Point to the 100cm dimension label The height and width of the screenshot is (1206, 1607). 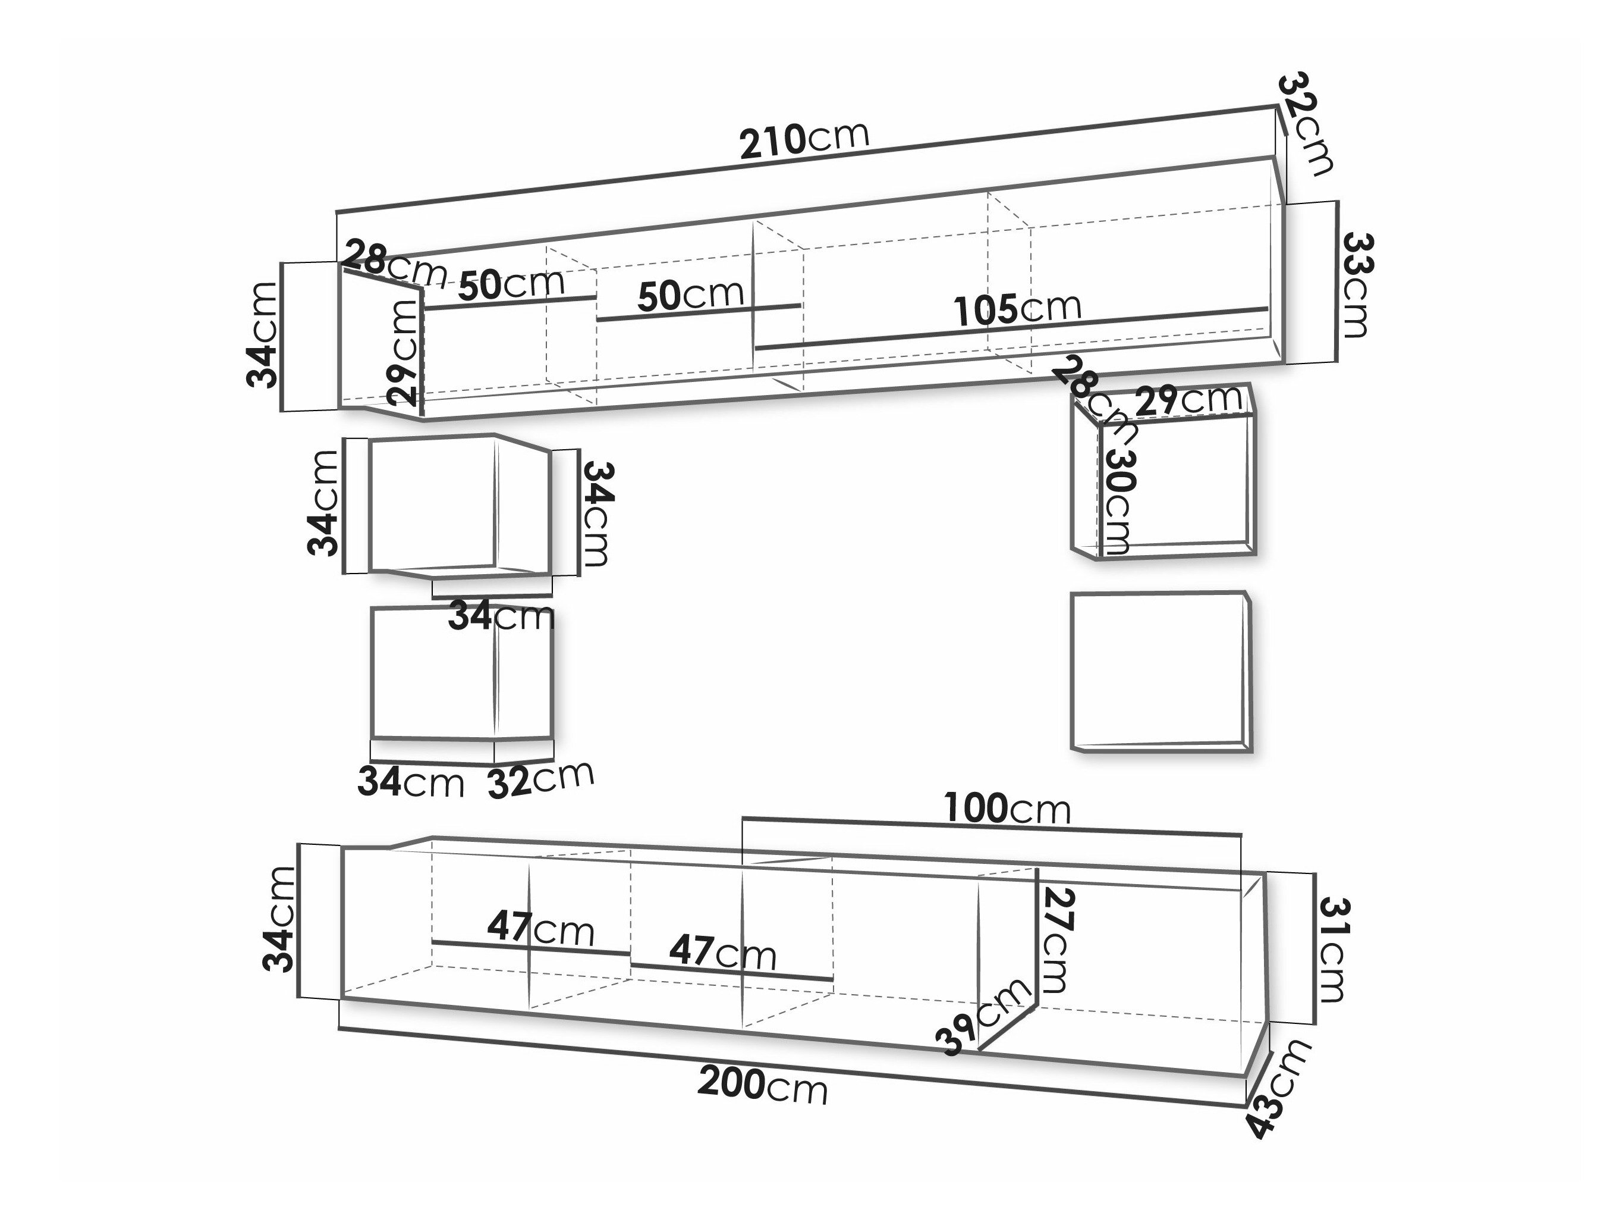[1007, 809]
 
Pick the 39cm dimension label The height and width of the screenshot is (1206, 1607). [984, 1017]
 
